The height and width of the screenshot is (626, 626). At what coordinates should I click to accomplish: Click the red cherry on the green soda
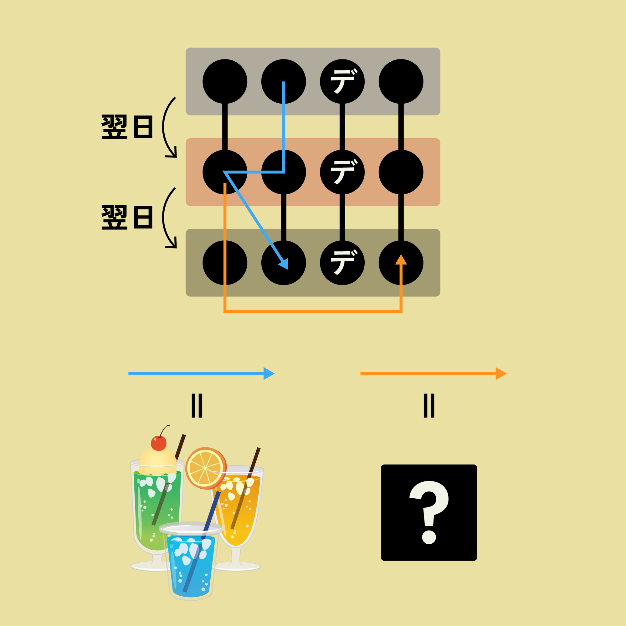click(x=159, y=443)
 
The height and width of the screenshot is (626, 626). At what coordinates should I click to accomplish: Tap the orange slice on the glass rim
click(x=206, y=468)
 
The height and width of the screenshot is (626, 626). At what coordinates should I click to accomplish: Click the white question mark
click(x=429, y=512)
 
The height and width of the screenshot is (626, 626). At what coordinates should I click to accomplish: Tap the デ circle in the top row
click(x=342, y=81)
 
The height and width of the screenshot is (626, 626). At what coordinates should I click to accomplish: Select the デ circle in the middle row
click(x=342, y=172)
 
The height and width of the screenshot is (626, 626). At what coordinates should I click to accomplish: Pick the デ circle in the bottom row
click(x=342, y=263)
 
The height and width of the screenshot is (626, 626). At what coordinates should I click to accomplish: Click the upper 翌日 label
click(x=127, y=127)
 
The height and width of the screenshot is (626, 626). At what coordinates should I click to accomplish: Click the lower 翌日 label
click(x=127, y=217)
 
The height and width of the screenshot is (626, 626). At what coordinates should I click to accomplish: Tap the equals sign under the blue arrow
click(x=197, y=405)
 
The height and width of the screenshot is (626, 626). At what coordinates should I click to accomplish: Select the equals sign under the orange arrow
click(x=429, y=405)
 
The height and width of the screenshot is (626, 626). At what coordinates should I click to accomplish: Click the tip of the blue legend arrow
click(x=275, y=374)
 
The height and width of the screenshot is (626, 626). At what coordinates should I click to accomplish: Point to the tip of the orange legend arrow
click(x=507, y=374)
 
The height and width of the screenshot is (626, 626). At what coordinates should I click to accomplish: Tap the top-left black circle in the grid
click(x=225, y=81)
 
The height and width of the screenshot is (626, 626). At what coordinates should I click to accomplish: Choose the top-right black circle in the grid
click(x=401, y=81)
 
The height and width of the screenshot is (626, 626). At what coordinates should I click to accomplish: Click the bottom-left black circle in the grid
click(x=225, y=263)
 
